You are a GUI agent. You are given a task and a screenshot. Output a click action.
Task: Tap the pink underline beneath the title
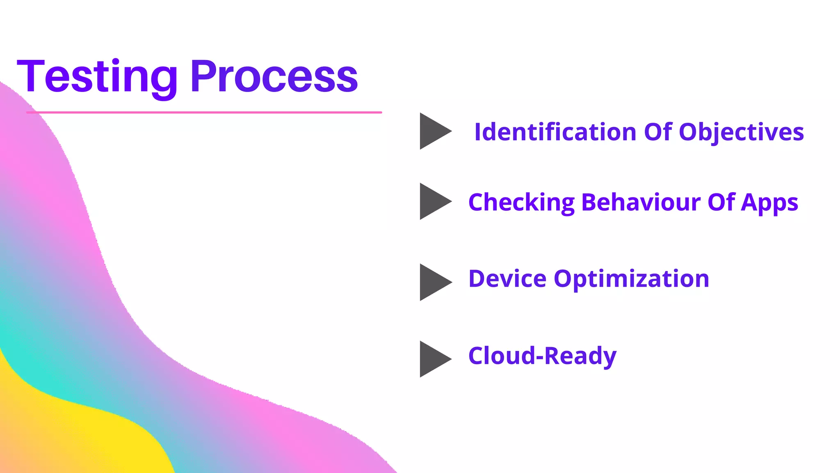(x=204, y=112)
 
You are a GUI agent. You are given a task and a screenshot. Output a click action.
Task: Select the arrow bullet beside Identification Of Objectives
(x=433, y=131)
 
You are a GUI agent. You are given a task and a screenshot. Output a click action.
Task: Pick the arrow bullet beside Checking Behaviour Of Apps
(x=433, y=201)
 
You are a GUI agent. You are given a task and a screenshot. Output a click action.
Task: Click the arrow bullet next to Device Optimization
(x=433, y=282)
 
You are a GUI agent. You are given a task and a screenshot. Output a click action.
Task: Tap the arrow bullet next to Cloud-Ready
(x=433, y=359)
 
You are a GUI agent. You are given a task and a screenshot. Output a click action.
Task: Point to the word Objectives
(x=741, y=133)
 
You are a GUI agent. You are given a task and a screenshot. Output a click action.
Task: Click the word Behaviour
(x=641, y=202)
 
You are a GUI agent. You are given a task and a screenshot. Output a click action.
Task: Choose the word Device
(x=507, y=279)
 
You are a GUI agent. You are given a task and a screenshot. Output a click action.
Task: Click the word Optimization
(x=631, y=280)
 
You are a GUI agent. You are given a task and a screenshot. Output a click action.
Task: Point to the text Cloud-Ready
(x=542, y=356)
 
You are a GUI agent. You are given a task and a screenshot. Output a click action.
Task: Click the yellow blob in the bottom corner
(x=82, y=439)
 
